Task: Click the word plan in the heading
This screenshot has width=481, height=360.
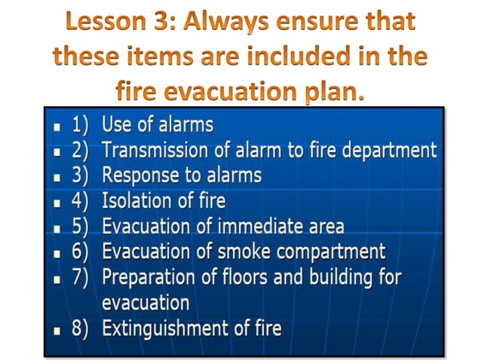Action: click(337, 93)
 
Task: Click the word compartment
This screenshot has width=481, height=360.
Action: click(336, 252)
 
